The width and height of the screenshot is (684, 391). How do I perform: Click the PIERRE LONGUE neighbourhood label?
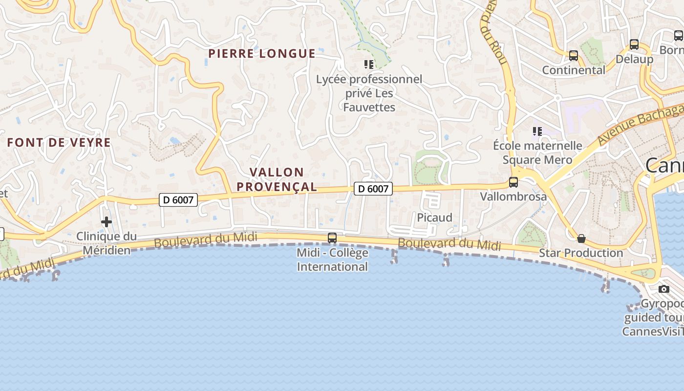(x=262, y=54)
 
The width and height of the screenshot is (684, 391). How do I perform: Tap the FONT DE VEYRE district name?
(x=59, y=143)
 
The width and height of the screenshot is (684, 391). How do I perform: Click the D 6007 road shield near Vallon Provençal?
(x=373, y=189)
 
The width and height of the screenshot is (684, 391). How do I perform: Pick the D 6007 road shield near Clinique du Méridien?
(x=178, y=199)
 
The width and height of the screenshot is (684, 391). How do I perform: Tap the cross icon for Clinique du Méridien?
(x=106, y=222)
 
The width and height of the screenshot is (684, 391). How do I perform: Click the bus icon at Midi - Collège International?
(x=332, y=238)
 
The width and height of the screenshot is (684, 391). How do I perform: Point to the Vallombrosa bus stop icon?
(x=513, y=182)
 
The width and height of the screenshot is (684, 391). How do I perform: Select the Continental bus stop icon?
(x=574, y=56)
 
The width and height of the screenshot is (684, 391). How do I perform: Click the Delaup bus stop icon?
(x=634, y=44)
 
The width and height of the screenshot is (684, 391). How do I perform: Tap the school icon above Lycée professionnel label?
(x=369, y=64)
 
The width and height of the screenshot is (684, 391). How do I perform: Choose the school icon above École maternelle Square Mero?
(x=537, y=131)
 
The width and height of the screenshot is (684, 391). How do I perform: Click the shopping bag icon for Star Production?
(x=581, y=239)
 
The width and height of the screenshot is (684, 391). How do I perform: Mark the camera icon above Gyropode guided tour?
(x=663, y=289)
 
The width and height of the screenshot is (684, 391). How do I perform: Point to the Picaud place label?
(x=434, y=217)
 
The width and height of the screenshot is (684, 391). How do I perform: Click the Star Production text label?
(x=581, y=253)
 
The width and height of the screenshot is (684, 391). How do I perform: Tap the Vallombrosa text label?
(x=513, y=196)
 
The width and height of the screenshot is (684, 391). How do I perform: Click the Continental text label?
(x=574, y=70)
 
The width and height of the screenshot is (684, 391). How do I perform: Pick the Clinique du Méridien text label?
(x=107, y=243)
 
